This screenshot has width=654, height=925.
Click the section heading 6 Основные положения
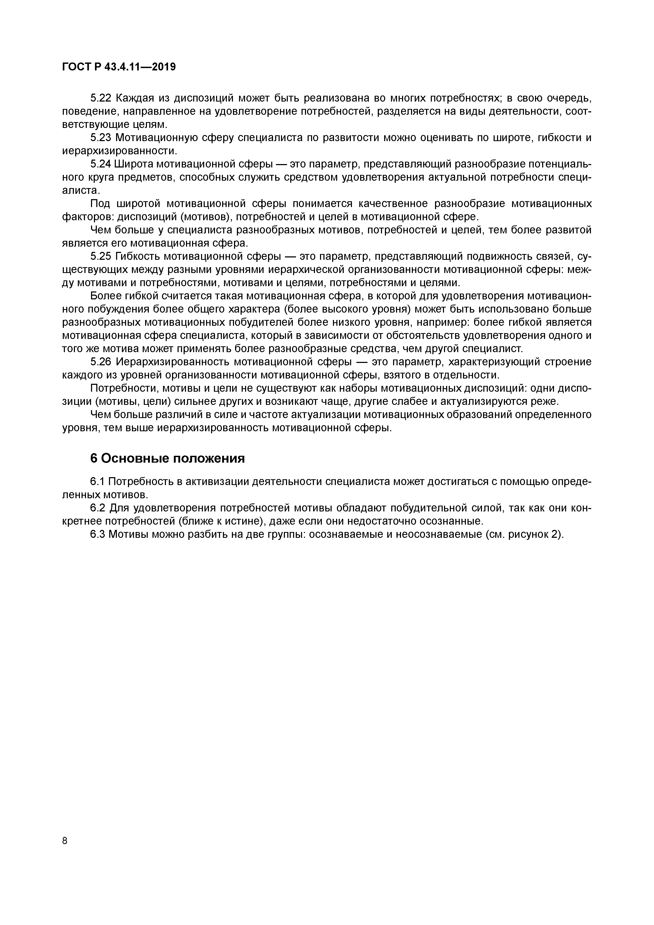[x=167, y=458]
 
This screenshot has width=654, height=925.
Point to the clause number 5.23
[x=101, y=138]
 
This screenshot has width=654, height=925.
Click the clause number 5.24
[x=101, y=164]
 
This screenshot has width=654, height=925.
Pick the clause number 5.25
[x=101, y=256]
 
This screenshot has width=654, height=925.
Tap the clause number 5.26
[x=101, y=362]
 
